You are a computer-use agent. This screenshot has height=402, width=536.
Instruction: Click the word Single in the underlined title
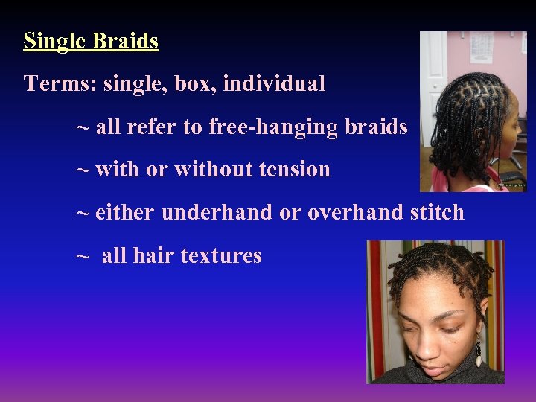pyautogui.click(x=55, y=41)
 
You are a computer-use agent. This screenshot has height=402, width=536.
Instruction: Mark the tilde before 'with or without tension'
pyautogui.click(x=83, y=170)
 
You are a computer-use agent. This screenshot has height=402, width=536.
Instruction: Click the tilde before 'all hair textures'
pyautogui.click(x=83, y=256)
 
